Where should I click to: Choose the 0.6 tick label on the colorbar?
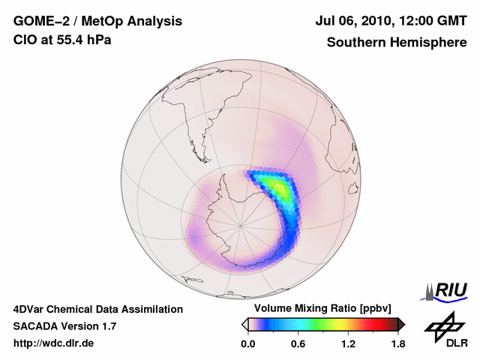298,344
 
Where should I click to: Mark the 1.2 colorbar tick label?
347,344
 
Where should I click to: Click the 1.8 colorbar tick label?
397,344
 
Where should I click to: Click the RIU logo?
448,289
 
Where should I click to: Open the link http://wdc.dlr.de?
54,344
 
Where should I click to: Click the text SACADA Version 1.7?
64,326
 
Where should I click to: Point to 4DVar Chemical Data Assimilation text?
97,309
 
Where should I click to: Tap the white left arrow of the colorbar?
244,324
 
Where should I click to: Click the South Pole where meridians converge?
241,223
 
